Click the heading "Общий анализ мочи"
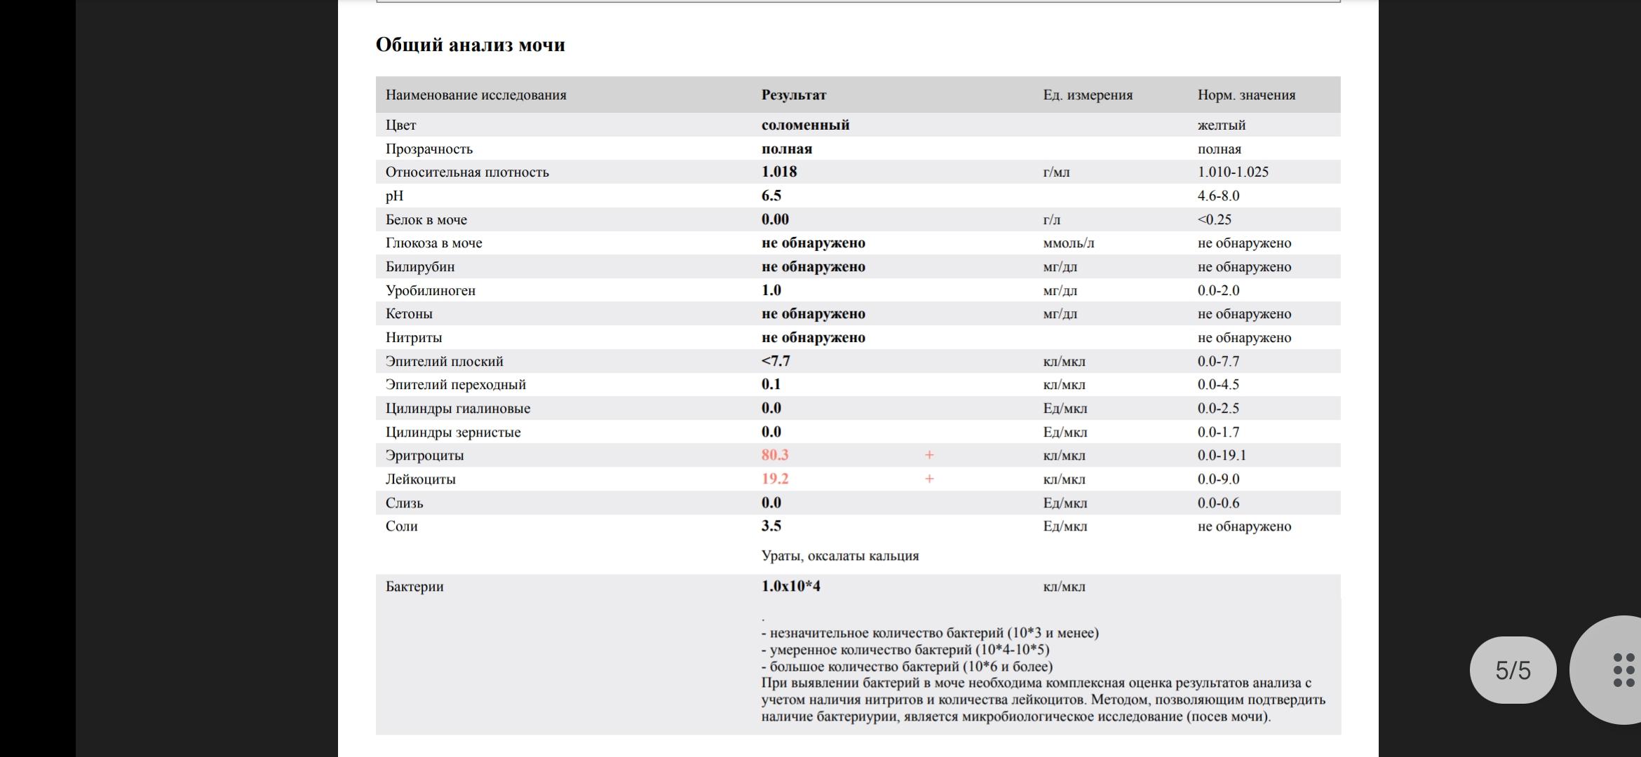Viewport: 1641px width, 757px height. point(470,45)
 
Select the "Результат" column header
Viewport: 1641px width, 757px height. point(793,95)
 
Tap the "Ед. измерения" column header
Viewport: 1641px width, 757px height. point(1087,95)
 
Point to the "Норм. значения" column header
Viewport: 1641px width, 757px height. point(1245,95)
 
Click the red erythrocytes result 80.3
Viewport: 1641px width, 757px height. point(774,455)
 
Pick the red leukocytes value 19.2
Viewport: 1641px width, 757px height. point(774,479)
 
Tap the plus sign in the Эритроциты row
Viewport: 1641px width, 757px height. point(928,455)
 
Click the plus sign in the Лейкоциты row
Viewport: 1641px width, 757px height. point(928,479)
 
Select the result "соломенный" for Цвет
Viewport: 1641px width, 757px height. point(805,125)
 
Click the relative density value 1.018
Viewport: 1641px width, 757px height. point(778,172)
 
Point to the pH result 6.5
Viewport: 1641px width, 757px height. point(771,196)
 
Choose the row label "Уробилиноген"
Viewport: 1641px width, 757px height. point(430,290)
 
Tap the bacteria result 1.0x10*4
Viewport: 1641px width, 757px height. point(790,586)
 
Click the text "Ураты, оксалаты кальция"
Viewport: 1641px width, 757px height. point(839,556)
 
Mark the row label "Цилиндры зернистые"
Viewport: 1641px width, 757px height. point(452,432)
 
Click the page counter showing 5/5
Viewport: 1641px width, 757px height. point(1513,670)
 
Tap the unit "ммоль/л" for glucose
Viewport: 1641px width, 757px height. point(1068,243)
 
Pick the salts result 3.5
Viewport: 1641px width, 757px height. point(771,526)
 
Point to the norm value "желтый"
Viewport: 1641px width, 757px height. point(1221,125)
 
